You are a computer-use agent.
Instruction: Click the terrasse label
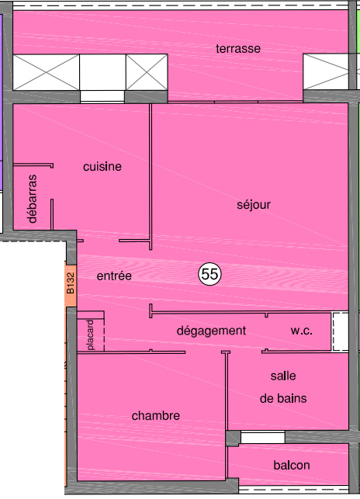238,49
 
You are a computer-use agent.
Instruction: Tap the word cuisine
102,166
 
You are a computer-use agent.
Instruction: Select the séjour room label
254,205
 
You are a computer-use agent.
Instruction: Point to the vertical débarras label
32,199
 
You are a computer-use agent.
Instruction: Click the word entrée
114,275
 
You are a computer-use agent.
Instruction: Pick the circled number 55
209,274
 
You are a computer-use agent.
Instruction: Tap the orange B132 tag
71,284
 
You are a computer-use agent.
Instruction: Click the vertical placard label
91,334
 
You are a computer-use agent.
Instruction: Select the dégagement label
211,331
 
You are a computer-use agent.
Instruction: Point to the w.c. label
301,331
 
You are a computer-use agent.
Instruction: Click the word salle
283,376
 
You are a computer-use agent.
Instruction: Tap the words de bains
283,398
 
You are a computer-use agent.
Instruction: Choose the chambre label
156,416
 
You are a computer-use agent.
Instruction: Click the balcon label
292,466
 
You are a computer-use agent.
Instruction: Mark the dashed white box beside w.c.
341,332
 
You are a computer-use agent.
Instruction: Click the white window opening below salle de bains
262,437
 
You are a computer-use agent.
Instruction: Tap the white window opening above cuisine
102,96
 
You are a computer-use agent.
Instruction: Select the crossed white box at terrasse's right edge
326,71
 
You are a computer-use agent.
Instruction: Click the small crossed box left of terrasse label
147,72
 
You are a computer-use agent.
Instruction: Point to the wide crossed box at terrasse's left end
46,72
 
